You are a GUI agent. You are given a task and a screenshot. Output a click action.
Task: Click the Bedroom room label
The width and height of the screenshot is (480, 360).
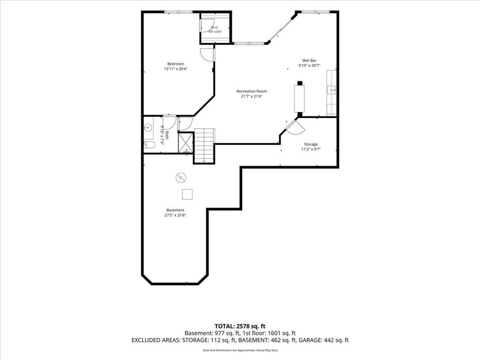pos(175,64)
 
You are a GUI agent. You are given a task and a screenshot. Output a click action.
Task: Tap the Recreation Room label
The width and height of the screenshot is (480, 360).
pos(252,91)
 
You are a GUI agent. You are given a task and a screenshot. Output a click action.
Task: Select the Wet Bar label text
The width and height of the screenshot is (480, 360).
pos(309,60)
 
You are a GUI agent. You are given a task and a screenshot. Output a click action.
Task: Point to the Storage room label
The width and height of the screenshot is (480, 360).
pos(311,144)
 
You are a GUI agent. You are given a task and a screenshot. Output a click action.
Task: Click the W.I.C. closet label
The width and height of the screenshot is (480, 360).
pos(215,28)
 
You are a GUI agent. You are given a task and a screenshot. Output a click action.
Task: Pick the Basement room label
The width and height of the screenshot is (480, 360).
pos(175,210)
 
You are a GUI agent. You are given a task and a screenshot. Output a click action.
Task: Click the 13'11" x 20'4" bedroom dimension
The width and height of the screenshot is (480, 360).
pos(175,69)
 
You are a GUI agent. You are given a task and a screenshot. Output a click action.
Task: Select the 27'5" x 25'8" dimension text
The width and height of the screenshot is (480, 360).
pos(175,215)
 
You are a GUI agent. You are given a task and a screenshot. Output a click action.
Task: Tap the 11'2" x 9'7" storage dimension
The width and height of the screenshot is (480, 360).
pos(311,150)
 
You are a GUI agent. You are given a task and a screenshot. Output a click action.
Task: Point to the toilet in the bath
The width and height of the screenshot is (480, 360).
pos(150,145)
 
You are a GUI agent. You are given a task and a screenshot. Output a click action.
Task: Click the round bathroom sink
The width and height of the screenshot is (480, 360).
pos(149,127)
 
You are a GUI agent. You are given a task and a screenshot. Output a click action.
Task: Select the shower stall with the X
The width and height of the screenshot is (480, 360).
pos(186,142)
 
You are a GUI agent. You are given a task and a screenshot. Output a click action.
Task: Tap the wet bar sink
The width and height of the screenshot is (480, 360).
pos(331,90)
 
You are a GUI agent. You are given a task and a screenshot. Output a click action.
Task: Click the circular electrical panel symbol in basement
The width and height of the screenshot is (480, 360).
pos(180,178)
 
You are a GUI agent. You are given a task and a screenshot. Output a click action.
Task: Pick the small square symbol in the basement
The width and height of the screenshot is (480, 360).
pos(187,195)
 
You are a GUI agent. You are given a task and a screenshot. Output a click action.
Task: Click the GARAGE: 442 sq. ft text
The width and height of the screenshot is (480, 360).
pos(323,340)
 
